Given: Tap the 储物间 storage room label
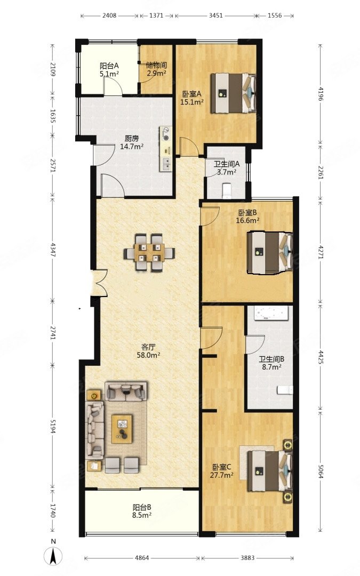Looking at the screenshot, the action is point(156,66).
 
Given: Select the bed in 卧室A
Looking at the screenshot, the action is point(233,93).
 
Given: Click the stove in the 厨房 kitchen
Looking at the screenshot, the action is point(166,134).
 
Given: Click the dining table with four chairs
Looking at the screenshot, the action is point(149,253).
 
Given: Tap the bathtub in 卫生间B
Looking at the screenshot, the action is point(271,314).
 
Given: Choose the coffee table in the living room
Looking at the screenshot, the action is point(122,429).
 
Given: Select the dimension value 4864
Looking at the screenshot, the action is point(142,558).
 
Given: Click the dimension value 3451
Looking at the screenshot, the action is point(215,15).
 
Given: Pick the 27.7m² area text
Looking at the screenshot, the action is point(222,475).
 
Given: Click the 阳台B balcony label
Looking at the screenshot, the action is point(142,507).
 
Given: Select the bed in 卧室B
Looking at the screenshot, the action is point(270,252).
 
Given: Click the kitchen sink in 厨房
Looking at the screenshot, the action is point(166,164).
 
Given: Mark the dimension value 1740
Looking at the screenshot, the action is point(52,510).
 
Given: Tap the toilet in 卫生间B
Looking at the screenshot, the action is point(285,389).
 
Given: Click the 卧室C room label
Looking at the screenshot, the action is point(221,467).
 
